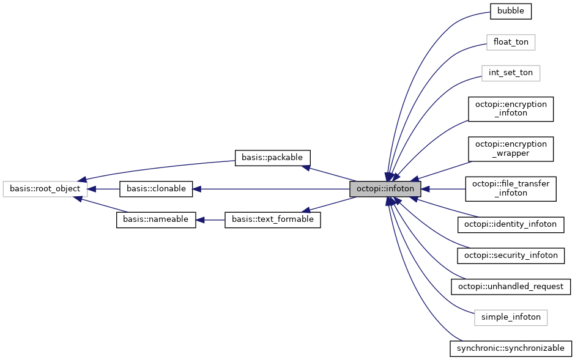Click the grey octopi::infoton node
(385, 189)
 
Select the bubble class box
(511, 10)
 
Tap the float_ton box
(511, 42)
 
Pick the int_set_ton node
(511, 73)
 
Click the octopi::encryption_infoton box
(511, 109)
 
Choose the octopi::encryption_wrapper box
(511, 149)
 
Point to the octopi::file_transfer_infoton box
(511, 189)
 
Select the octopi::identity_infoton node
(511, 224)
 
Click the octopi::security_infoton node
(511, 255)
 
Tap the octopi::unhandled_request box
(511, 286)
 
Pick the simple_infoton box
(511, 317)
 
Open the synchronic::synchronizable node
(511, 348)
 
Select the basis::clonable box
(156, 189)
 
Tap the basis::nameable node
(156, 219)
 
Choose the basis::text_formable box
(273, 219)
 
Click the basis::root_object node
(45, 189)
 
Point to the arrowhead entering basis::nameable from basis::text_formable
(201, 219)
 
